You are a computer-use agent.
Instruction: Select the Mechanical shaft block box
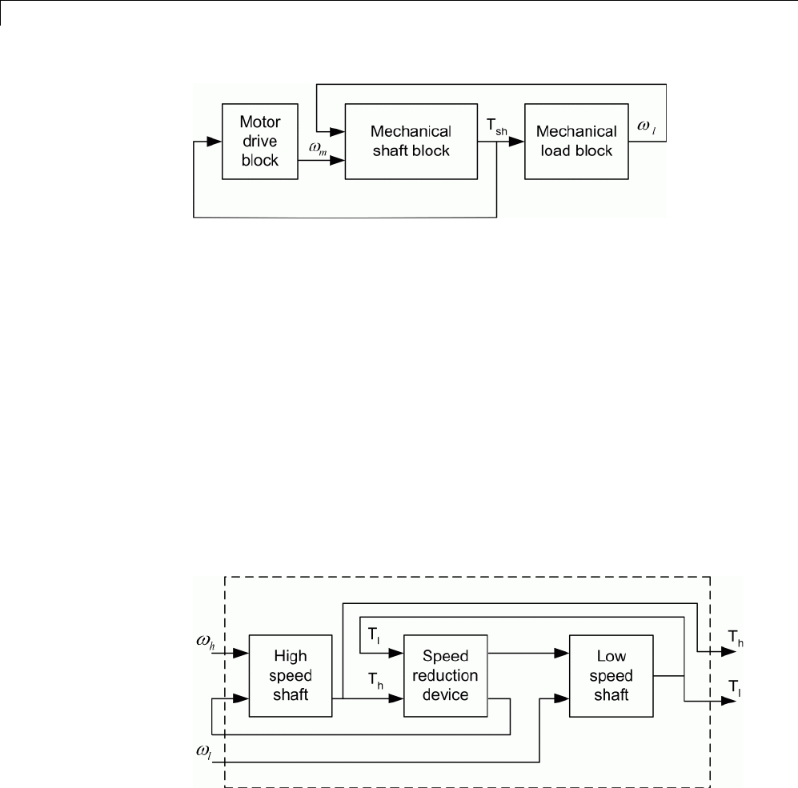411,141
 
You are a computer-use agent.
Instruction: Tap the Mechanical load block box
575,141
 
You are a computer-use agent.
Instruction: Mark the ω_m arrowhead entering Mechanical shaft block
339,160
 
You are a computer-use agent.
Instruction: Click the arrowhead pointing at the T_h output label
729,652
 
